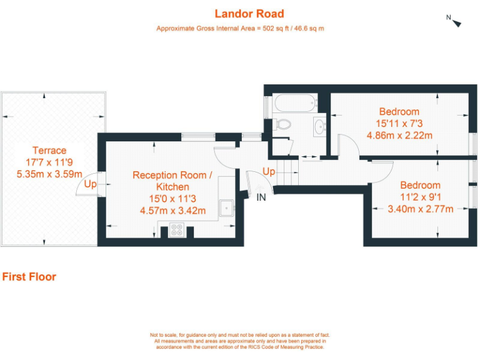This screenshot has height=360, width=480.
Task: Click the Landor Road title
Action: click(240, 14)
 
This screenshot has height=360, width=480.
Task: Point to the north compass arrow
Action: click(456, 22)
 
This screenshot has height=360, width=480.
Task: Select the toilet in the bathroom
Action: click(282, 123)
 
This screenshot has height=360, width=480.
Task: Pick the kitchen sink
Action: click(226, 207)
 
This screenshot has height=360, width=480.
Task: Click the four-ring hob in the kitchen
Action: click(177, 231)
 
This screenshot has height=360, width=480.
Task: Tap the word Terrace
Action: click(49, 151)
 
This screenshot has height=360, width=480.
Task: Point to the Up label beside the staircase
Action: click(269, 171)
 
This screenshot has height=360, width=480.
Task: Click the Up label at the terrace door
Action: click(90, 184)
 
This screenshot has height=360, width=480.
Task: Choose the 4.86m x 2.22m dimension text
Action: click(399, 135)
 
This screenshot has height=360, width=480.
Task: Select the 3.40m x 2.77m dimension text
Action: click(420, 209)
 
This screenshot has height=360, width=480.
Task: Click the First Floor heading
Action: click(29, 277)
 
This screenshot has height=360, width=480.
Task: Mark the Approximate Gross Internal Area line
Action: click(240, 29)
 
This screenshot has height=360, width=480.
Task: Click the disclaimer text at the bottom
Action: click(240, 342)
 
